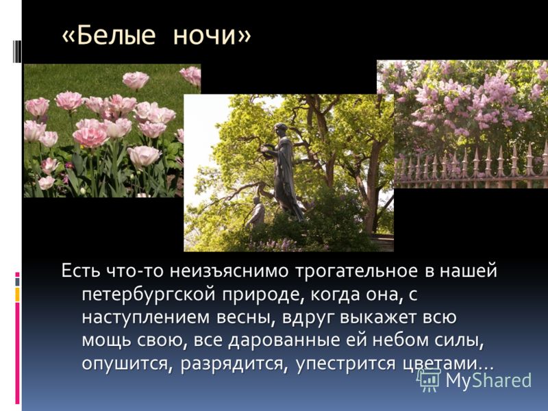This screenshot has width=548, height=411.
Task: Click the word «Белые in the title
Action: [108, 36]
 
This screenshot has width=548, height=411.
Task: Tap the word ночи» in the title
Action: [212, 36]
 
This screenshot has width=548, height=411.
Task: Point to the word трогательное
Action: [357, 271]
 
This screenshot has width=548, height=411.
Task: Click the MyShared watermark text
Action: [488, 380]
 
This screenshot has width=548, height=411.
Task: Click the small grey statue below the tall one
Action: [256, 212]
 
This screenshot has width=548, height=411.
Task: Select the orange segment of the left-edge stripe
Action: [17, 295]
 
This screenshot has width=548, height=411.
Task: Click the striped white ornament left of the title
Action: [16, 46]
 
